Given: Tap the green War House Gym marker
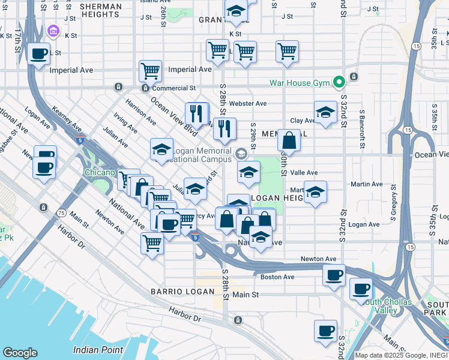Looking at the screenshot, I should pyautogui.click(x=339, y=82).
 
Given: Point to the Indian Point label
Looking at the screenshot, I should pyautogui.click(x=98, y=349).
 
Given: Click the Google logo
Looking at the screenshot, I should pyautogui.click(x=20, y=353).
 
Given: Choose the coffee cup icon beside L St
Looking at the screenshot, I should pyautogui.click(x=39, y=54).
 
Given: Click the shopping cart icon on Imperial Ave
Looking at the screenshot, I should pyautogui.click(x=150, y=71).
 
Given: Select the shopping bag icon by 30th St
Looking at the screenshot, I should pyautogui.click(x=289, y=141).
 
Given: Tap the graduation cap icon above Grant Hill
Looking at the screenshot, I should pyautogui.click(x=236, y=11).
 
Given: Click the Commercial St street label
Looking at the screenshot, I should pyautogui.click(x=176, y=88).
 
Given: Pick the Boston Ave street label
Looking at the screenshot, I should pyautogui.click(x=277, y=277).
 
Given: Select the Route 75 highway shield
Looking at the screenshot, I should pyautogui.click(x=61, y=212).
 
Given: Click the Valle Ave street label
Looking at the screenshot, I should pyautogui.click(x=304, y=172).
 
